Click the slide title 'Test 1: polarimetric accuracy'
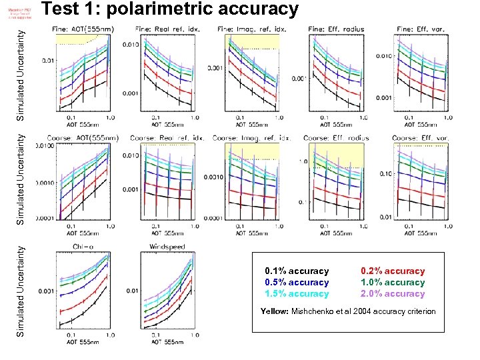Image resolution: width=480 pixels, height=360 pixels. point(171,9)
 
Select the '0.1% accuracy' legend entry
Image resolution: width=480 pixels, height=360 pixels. point(297,271)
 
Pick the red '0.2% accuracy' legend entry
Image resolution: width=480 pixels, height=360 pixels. point(392,271)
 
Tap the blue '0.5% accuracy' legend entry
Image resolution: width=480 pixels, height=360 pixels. point(297,283)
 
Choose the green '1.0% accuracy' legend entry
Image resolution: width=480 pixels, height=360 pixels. point(392,283)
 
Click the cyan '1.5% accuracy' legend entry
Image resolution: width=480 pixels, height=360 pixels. point(297,294)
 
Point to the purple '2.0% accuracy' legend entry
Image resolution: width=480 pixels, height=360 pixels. point(392,294)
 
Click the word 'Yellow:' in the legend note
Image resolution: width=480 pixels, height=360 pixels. point(275,311)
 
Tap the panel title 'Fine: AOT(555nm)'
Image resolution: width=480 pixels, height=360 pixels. point(83,29)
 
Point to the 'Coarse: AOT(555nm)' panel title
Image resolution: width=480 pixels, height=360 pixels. point(87,138)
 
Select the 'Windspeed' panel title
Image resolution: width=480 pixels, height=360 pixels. point(162,247)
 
